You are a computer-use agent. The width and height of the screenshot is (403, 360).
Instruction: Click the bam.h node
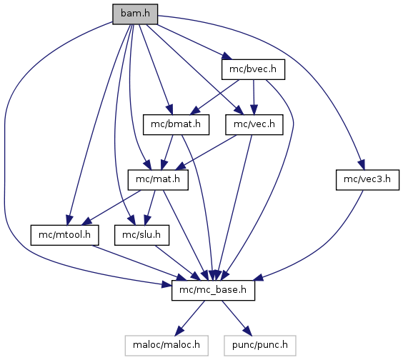click(x=135, y=14)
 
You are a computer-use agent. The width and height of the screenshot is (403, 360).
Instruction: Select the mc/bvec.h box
click(x=253, y=69)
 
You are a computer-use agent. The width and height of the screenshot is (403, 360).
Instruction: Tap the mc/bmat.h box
click(x=176, y=124)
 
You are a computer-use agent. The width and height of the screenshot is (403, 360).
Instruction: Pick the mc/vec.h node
click(x=254, y=124)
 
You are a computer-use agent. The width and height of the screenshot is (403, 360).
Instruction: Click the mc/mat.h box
click(x=158, y=179)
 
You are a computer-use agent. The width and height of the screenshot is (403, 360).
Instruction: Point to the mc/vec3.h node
click(x=367, y=179)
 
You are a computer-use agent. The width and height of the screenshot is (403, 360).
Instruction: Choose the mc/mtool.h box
click(x=64, y=235)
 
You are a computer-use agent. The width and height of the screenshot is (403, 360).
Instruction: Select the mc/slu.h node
click(x=141, y=235)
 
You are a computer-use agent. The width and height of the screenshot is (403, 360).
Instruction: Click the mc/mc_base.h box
click(x=213, y=291)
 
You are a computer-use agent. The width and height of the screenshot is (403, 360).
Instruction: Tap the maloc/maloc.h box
click(x=166, y=346)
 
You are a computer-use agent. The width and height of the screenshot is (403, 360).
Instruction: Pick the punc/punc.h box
click(x=260, y=346)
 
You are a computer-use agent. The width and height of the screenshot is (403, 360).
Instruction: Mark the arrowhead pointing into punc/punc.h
click(x=247, y=331)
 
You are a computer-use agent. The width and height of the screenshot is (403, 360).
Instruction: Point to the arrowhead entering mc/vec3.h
click(x=362, y=164)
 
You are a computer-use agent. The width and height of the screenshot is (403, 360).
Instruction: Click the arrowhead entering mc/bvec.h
click(x=227, y=56)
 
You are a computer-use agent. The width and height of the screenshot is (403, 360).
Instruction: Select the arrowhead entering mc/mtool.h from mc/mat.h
click(x=87, y=221)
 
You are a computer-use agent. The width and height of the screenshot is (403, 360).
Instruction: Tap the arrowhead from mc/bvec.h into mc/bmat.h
click(x=196, y=111)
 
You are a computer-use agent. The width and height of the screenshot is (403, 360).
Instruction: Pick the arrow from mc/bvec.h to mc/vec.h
click(x=254, y=97)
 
